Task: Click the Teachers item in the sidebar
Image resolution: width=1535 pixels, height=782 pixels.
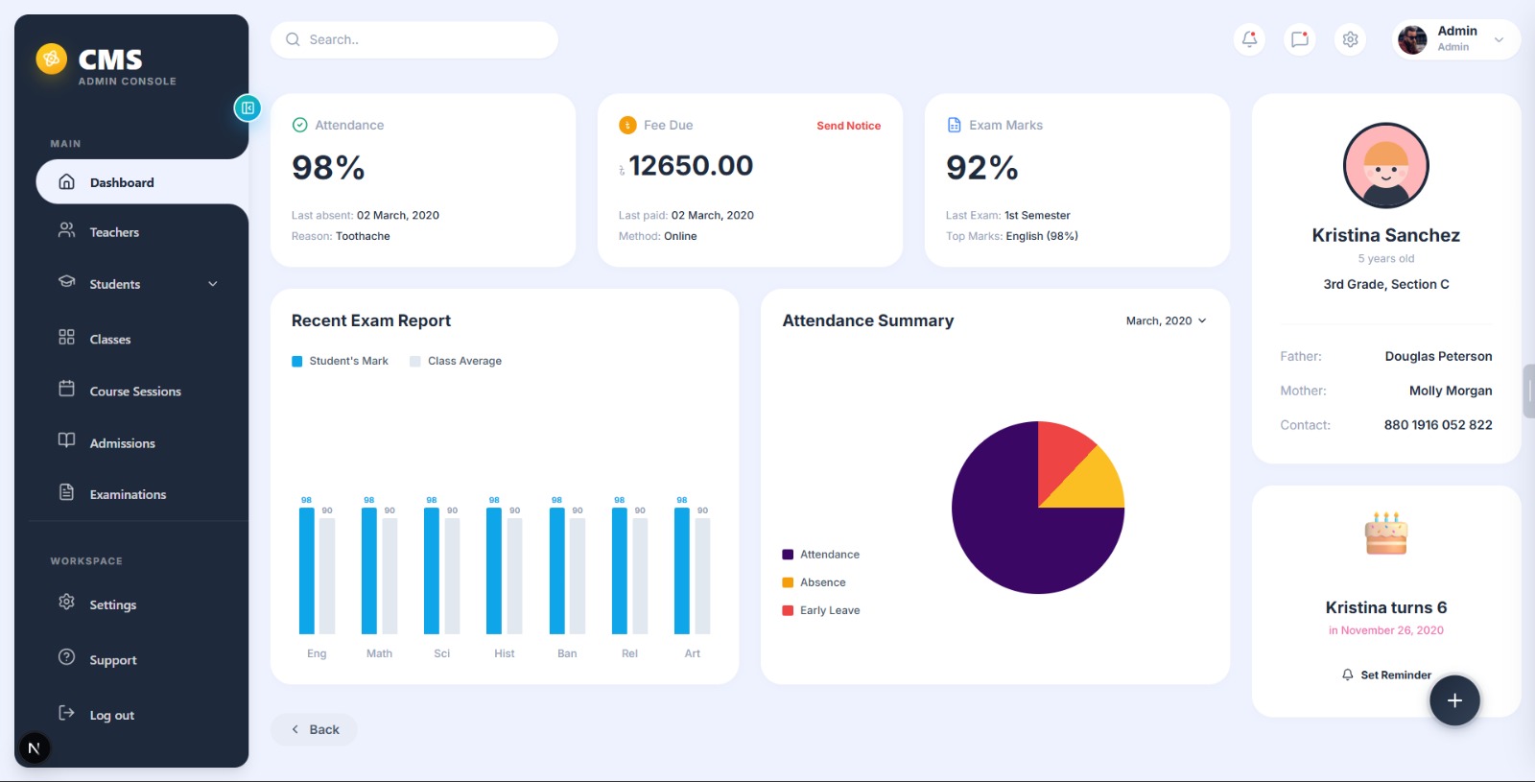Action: [113, 232]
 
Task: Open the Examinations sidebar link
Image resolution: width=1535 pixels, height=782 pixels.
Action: [127, 494]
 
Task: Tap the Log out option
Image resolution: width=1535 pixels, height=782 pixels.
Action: [110, 715]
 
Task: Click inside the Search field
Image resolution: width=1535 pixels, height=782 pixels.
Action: [422, 40]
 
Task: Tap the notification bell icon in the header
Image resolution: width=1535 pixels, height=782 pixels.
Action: [1249, 39]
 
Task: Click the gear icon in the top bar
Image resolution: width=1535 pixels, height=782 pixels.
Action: [1350, 39]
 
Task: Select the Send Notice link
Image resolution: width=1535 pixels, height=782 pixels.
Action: [848, 126]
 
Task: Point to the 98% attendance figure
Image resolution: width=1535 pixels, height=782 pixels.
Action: [328, 168]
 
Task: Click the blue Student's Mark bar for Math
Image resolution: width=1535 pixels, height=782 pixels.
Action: [369, 571]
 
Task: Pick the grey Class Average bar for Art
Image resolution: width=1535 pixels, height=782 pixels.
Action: [702, 576]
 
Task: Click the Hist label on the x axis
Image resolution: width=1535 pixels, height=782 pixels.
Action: [505, 653]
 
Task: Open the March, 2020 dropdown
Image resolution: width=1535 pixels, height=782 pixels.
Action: [1166, 320]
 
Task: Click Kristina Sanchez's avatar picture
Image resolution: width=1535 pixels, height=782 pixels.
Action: [1385, 166]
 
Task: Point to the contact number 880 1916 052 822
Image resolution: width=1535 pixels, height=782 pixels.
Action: [1437, 425]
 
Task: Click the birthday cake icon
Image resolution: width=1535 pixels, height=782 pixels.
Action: [1385, 533]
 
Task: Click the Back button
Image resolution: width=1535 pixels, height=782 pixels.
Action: [315, 729]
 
